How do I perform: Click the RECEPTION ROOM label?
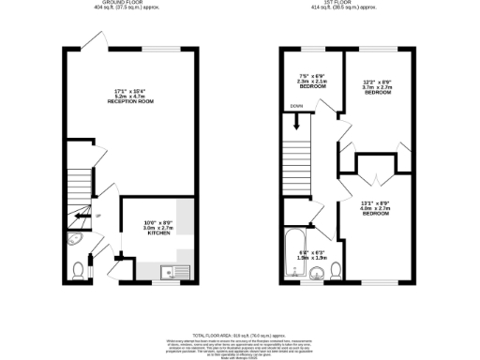(130, 100)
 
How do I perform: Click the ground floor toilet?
(78, 271)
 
